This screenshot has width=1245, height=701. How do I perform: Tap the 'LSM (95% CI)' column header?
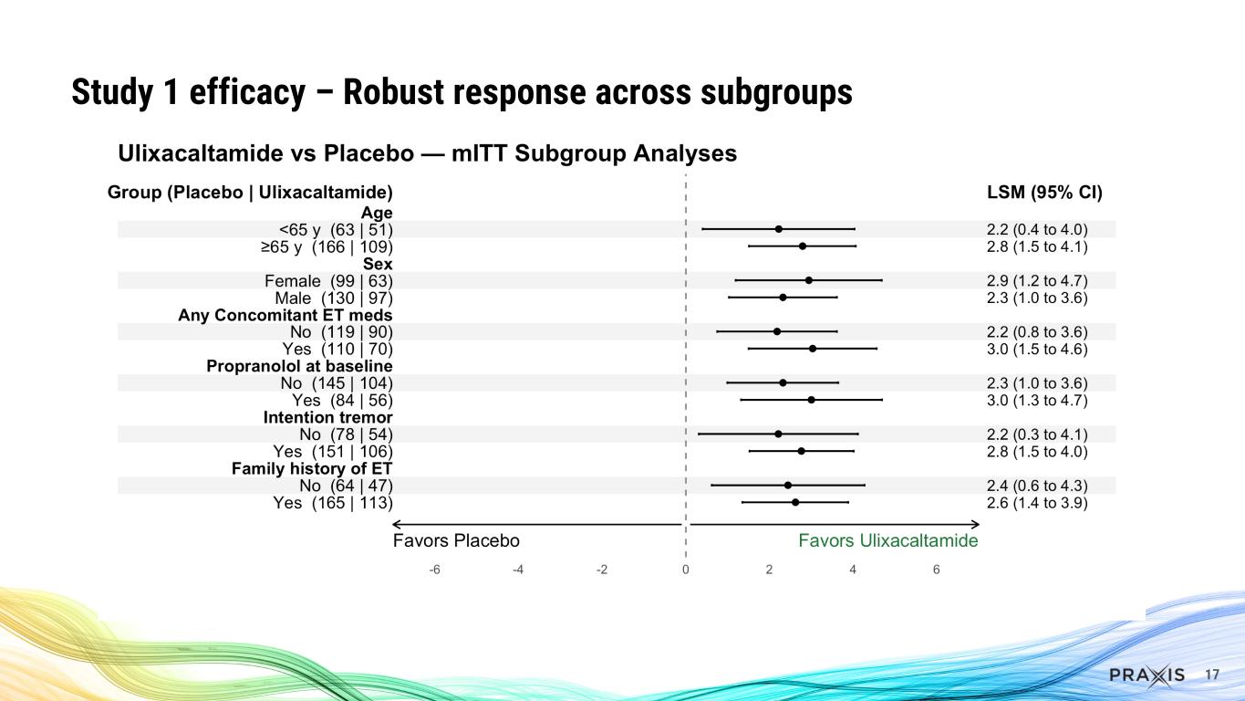click(x=1038, y=193)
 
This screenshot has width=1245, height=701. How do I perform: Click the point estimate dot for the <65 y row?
click(x=778, y=229)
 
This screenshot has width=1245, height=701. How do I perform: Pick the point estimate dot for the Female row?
click(x=809, y=280)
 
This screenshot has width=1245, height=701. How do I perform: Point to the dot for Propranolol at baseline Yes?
click(x=811, y=400)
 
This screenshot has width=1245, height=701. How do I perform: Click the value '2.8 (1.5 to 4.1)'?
click(x=1031, y=246)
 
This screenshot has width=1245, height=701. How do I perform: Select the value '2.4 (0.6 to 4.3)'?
click(x=1031, y=486)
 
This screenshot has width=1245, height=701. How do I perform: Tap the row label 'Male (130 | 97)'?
click(x=334, y=298)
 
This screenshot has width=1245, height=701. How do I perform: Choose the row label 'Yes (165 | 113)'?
click(x=333, y=502)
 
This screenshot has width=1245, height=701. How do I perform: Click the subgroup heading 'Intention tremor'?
click(x=327, y=417)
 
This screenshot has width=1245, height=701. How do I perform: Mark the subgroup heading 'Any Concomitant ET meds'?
click(x=285, y=315)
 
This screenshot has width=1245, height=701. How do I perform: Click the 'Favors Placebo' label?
click(x=456, y=540)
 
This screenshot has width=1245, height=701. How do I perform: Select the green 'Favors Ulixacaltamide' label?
click(x=887, y=540)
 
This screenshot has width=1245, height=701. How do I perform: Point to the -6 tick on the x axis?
click(x=434, y=570)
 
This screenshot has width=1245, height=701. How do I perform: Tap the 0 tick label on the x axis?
click(x=685, y=570)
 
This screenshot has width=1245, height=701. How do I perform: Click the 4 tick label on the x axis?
click(x=853, y=570)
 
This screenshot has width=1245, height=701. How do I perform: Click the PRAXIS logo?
click(x=1146, y=675)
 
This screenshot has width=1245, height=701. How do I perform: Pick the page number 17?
click(x=1212, y=675)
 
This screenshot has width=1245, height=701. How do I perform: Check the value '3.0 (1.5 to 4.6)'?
click(x=1031, y=349)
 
